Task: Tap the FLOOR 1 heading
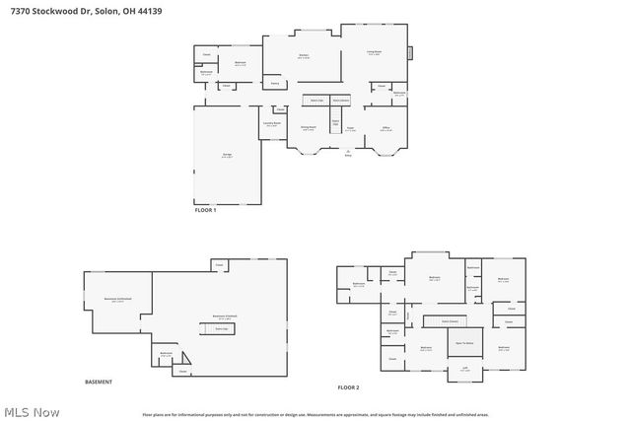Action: tap(206, 210)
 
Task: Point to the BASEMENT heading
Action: tap(99, 382)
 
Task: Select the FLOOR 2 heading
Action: tap(349, 387)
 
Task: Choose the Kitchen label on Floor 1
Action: tap(304, 56)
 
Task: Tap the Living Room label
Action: tap(375, 53)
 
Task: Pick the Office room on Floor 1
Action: tap(386, 128)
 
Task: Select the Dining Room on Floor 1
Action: tap(308, 128)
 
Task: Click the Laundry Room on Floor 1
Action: tap(272, 124)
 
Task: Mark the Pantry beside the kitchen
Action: tap(275, 84)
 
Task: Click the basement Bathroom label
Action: tap(167, 355)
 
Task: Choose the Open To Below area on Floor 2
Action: tap(463, 343)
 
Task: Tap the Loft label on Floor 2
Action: tap(464, 369)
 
